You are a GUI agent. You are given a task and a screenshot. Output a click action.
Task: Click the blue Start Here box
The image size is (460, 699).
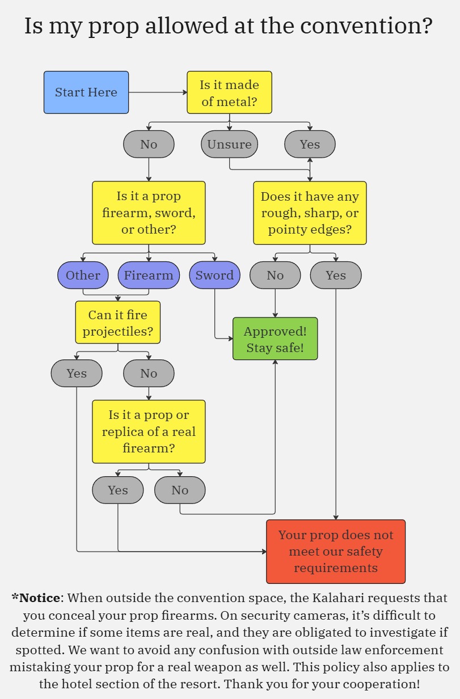(86, 92)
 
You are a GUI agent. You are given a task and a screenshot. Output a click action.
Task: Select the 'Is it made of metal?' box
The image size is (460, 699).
(229, 92)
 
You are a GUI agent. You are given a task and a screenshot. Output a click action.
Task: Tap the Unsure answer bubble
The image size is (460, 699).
(229, 145)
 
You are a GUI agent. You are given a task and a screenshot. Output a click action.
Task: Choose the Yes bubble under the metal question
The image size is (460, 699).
(310, 145)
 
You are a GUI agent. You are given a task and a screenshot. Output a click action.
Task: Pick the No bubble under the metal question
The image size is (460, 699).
(149, 145)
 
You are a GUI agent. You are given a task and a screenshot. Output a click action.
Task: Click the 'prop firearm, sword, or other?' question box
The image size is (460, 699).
(149, 213)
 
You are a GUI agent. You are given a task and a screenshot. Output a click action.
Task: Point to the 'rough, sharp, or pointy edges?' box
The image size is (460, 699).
(310, 213)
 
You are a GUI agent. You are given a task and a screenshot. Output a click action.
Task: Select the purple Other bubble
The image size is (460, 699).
(83, 276)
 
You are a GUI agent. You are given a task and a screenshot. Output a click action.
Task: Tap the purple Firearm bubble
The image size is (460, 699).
(149, 276)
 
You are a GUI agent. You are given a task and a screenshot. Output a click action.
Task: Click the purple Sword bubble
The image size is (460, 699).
(214, 276)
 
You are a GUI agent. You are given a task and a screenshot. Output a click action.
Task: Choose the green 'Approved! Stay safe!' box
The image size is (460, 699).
(275, 339)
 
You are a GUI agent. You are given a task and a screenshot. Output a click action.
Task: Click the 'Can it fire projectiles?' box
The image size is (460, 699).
(118, 323)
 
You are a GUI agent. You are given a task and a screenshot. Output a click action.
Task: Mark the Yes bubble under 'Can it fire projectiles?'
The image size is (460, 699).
(77, 374)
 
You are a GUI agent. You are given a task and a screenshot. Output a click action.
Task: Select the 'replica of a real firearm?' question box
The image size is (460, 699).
(149, 431)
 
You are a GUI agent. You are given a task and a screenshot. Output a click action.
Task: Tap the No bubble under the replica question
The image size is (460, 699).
(180, 490)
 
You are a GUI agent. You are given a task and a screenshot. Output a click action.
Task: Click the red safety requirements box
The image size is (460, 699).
(336, 552)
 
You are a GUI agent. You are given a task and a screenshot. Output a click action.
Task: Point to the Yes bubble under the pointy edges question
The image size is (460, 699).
(336, 276)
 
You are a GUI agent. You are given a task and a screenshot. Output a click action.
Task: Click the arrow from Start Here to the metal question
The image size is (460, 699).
(158, 92)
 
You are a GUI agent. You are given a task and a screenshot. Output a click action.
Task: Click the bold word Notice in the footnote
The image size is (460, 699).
(39, 598)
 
